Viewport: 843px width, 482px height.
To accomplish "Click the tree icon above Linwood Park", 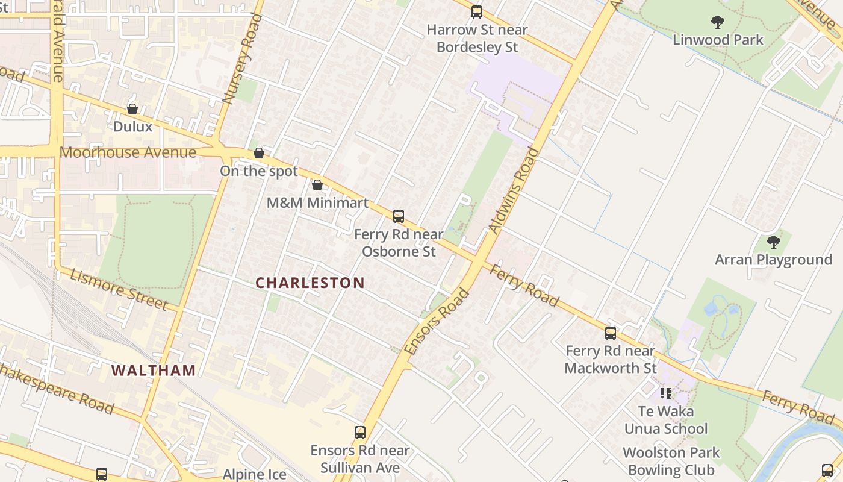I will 717,22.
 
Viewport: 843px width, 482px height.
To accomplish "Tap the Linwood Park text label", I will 718,40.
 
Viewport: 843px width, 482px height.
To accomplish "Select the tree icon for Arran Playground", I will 773,242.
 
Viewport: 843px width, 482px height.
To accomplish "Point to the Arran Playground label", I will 773,260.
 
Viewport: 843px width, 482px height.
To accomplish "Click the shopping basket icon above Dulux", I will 132,109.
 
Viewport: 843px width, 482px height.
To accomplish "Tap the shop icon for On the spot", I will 259,153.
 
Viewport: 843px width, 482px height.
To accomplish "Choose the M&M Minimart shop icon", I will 317,185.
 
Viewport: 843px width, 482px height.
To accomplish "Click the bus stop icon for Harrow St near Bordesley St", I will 477,11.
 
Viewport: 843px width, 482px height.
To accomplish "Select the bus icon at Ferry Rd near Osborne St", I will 398,216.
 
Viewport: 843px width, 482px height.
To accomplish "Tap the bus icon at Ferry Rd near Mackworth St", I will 611,333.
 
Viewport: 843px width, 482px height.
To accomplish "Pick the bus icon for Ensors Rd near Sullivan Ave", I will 360,432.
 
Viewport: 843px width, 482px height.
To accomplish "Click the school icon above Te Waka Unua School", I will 665,393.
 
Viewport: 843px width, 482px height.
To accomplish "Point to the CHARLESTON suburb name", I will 310,283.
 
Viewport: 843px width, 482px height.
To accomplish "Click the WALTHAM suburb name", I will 154,371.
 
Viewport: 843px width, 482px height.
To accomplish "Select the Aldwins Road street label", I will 514,190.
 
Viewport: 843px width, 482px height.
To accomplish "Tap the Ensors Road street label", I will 437,322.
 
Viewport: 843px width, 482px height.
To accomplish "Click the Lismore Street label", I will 119,289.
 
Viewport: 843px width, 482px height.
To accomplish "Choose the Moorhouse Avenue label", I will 128,152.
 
